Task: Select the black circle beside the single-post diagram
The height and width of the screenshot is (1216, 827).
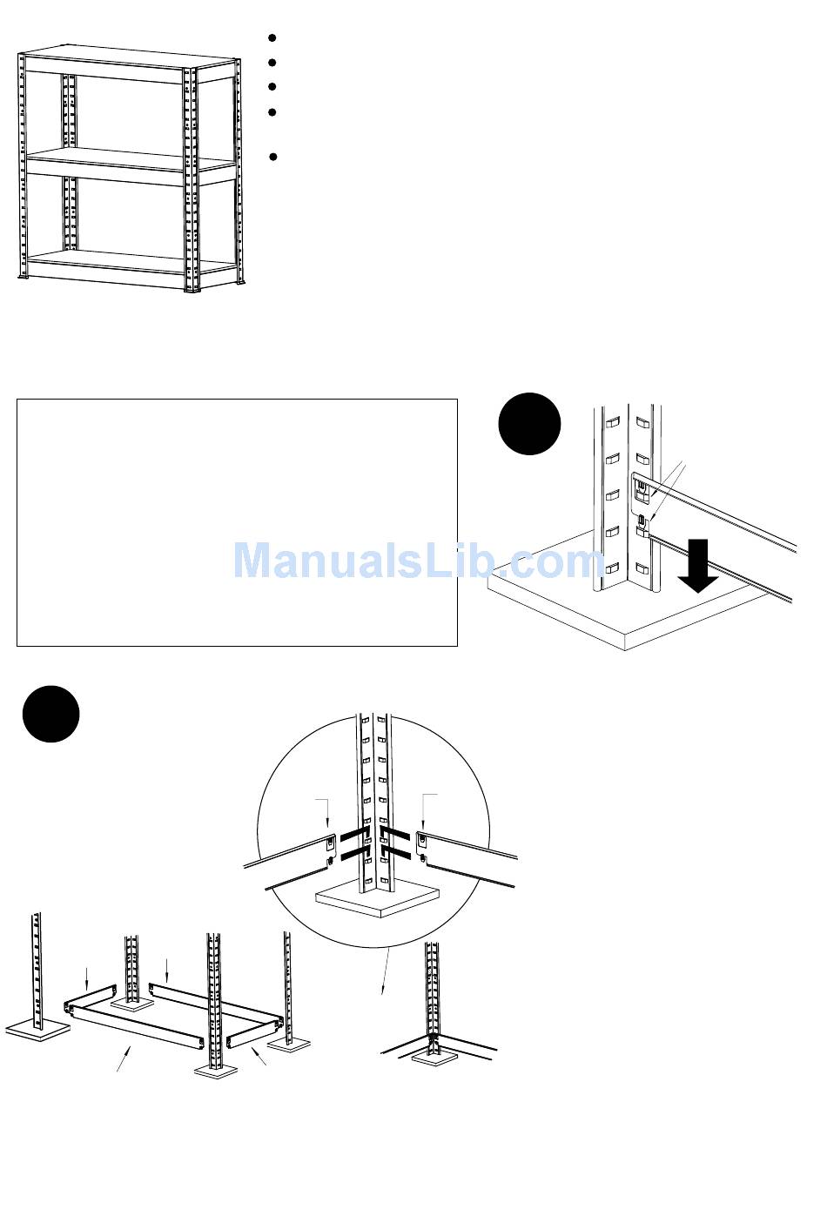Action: (x=529, y=424)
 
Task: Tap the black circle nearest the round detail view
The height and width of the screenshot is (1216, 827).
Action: (x=50, y=714)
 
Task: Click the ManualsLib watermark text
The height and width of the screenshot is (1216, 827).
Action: (x=419, y=561)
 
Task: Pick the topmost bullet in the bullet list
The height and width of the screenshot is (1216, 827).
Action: (x=272, y=38)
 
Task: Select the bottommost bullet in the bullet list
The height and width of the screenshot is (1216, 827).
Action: (x=272, y=158)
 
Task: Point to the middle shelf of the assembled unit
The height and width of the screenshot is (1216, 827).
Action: (x=131, y=162)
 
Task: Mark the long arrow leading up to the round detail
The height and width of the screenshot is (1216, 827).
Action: (x=383, y=971)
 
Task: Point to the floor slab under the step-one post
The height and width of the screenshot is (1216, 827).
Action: (x=627, y=609)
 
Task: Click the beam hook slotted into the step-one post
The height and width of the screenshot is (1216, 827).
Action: (x=642, y=492)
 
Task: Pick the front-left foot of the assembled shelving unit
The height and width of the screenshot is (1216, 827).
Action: (x=24, y=277)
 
